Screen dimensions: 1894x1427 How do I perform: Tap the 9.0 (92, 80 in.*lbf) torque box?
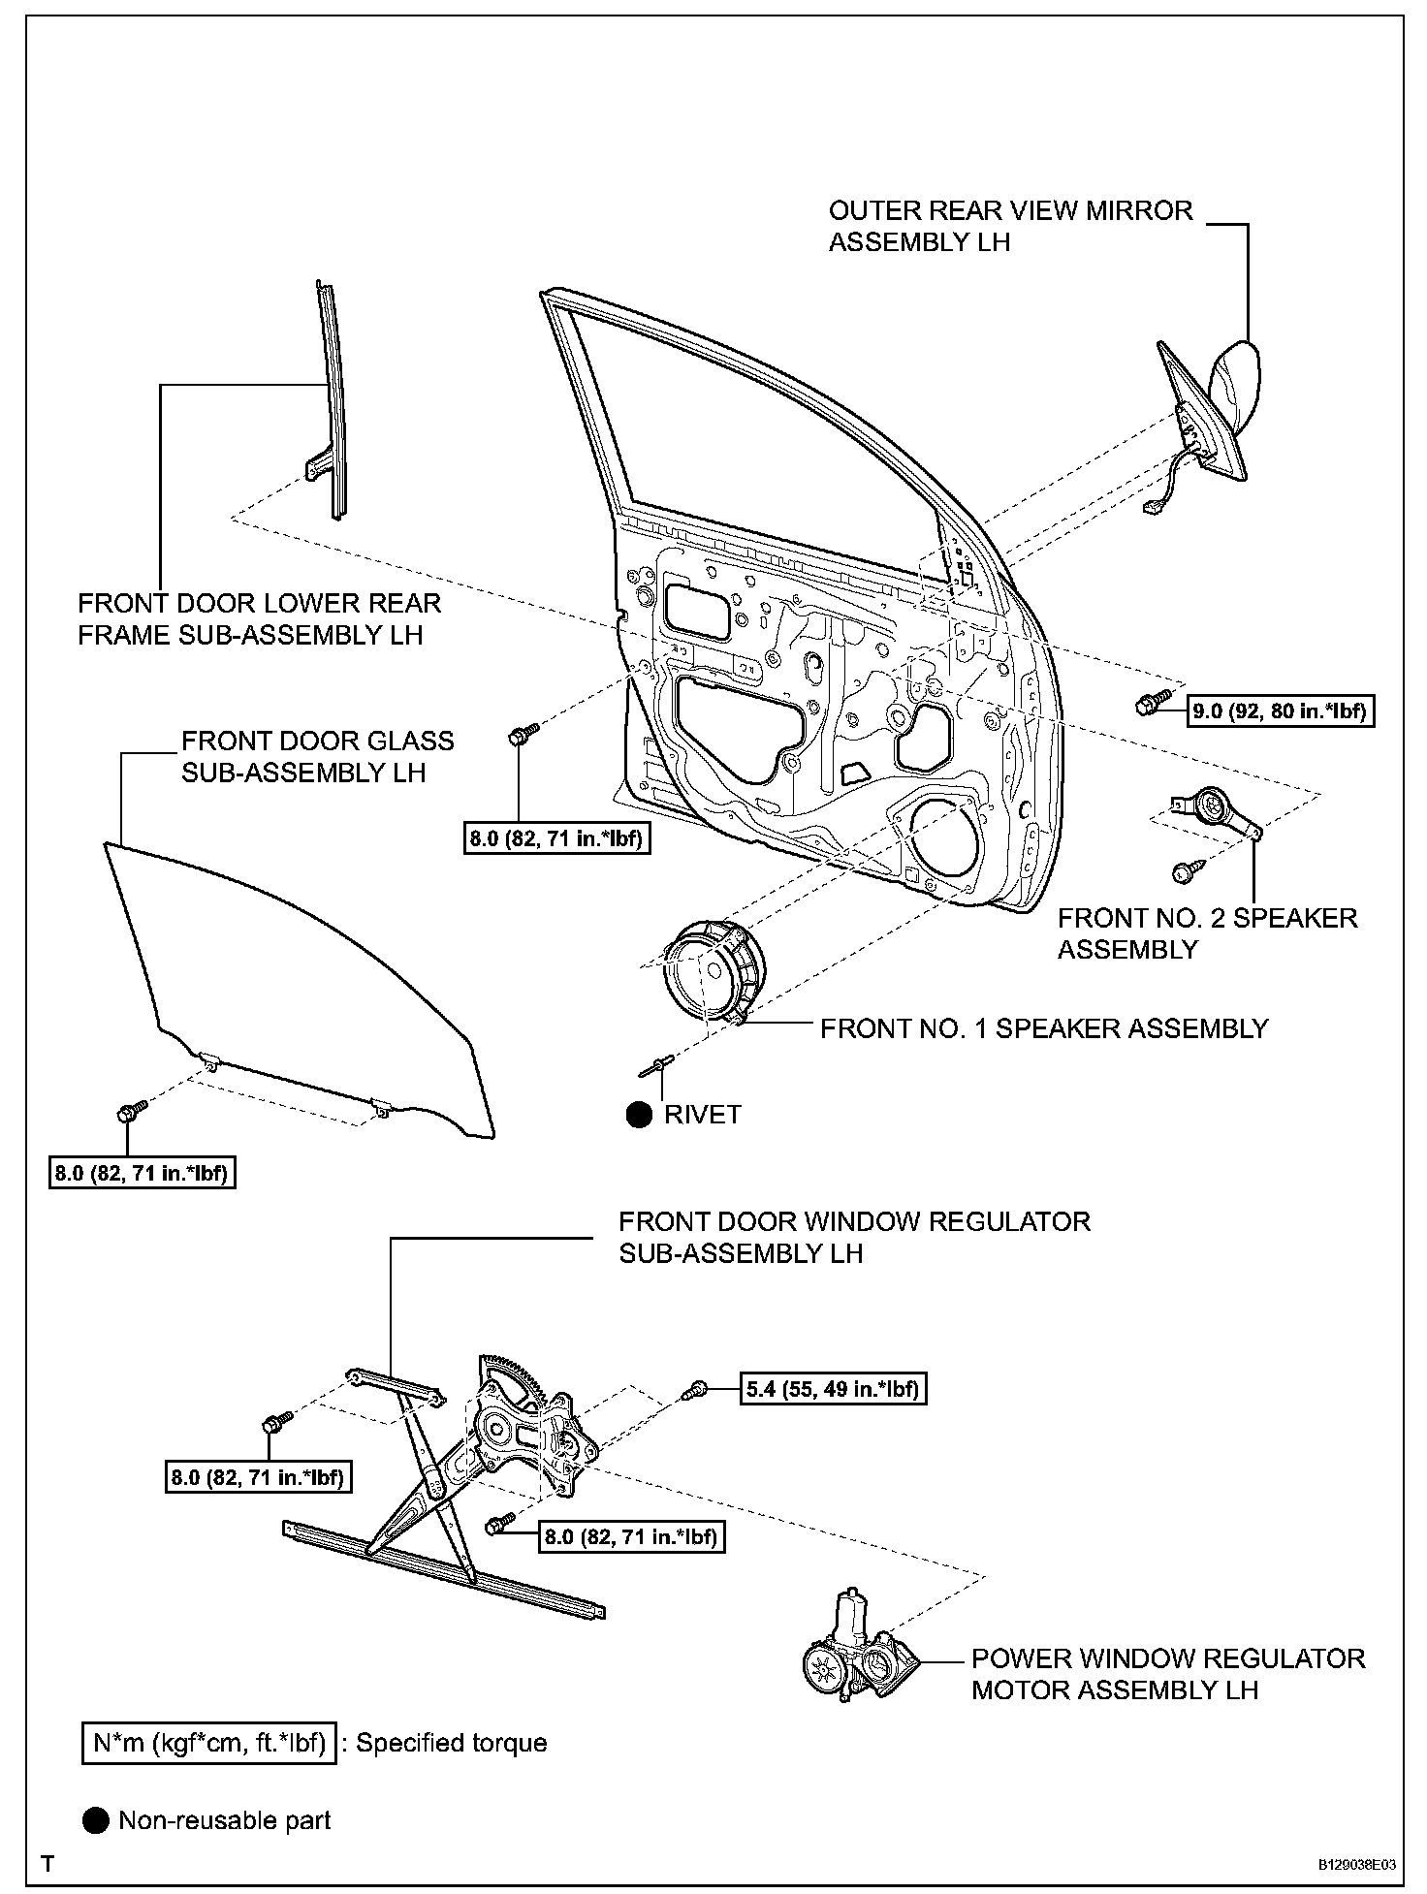(x=1281, y=711)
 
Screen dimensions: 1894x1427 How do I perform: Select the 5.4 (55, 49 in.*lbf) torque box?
(x=832, y=1389)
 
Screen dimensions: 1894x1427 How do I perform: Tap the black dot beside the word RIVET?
(x=639, y=1115)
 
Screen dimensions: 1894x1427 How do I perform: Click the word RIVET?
(x=703, y=1115)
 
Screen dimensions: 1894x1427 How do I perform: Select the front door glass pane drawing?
(x=291, y=979)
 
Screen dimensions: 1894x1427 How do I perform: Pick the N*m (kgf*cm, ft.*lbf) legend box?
(x=209, y=1743)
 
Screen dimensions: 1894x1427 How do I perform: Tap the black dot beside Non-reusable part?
(x=96, y=1820)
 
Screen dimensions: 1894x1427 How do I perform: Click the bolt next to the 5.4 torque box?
(x=696, y=1390)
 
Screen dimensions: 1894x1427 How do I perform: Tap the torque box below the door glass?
(x=143, y=1174)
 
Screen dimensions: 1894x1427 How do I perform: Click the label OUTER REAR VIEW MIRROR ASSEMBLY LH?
(x=1010, y=226)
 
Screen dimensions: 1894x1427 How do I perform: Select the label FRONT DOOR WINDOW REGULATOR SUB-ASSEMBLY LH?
(x=854, y=1237)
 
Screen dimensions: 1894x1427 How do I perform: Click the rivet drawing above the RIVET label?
(x=657, y=1067)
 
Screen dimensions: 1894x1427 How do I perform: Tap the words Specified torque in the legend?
(x=452, y=1743)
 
